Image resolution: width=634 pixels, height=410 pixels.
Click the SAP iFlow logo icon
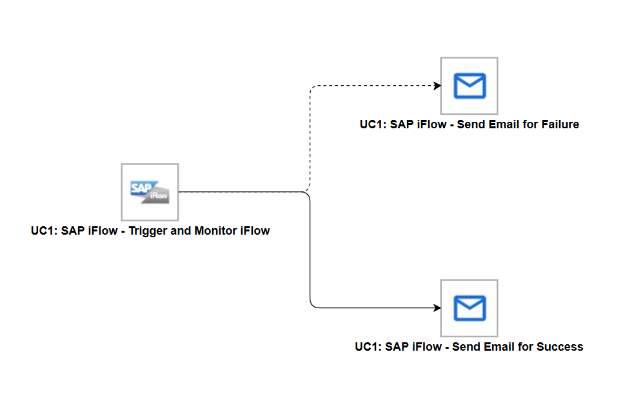tap(150, 191)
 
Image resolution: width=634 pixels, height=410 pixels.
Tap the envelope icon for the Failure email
tap(469, 86)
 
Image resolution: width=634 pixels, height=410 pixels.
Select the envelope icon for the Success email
tap(469, 307)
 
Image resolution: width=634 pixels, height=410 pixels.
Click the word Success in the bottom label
tap(559, 347)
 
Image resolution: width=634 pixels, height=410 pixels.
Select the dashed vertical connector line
tap(310, 139)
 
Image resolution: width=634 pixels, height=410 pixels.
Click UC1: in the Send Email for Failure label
tap(373, 124)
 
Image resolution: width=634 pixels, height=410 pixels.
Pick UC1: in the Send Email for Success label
tap(368, 347)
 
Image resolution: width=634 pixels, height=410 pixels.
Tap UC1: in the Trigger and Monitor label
tap(44, 231)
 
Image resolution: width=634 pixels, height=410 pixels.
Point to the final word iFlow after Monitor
tap(255, 231)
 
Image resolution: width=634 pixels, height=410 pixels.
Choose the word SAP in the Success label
tap(397, 347)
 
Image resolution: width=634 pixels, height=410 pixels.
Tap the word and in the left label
tap(181, 231)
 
